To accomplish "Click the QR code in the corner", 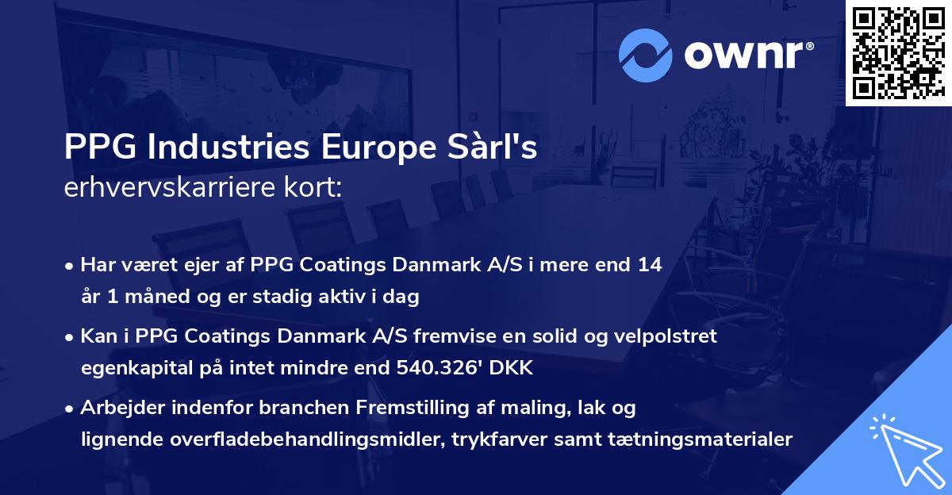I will pyautogui.click(x=898, y=52).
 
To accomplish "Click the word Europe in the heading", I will pyautogui.click(x=372, y=148).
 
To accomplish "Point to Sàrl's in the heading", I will pyautogui.click(x=490, y=148).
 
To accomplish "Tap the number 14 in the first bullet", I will pyautogui.click(x=650, y=264).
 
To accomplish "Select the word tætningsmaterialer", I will pyautogui.click(x=697, y=439).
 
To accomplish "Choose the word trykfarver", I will pyautogui.click(x=494, y=439).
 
